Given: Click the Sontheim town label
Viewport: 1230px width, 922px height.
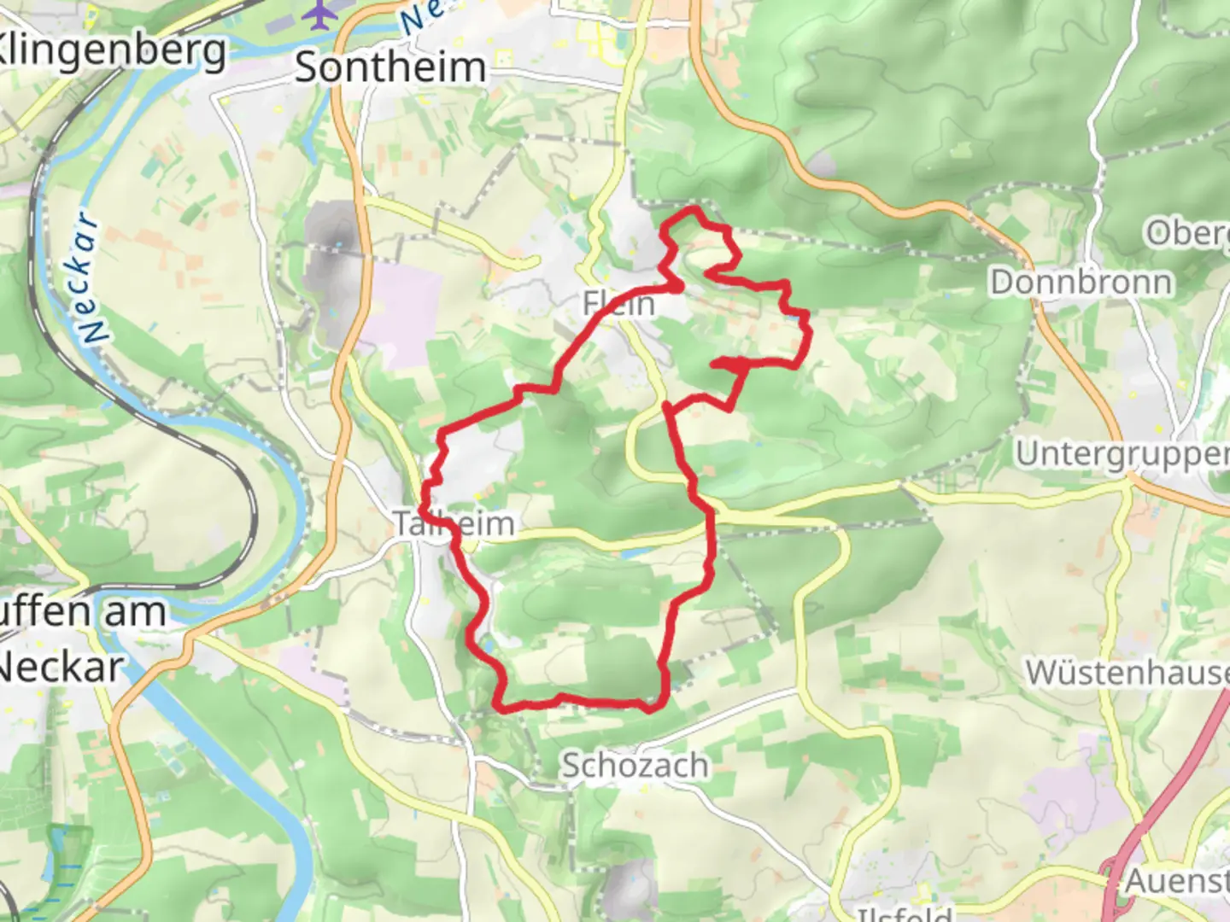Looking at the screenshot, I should coord(390,67).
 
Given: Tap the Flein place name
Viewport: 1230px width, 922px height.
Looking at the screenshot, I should coord(618,303).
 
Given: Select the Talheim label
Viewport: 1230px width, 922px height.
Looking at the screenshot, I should coord(454,523).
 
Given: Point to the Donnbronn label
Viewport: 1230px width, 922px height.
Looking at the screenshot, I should coord(1081,282).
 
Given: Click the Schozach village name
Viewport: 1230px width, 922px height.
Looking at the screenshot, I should coord(635,766).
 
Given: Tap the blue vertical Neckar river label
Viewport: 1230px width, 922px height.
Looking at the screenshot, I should coord(91,277).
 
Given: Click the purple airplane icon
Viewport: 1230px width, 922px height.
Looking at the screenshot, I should coord(319,15).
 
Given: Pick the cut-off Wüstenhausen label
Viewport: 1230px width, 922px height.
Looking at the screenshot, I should coord(1127,673).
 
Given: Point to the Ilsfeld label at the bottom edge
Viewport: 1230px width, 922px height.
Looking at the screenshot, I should coord(904,914).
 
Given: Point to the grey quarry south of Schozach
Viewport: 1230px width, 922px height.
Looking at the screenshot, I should coord(630,884).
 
